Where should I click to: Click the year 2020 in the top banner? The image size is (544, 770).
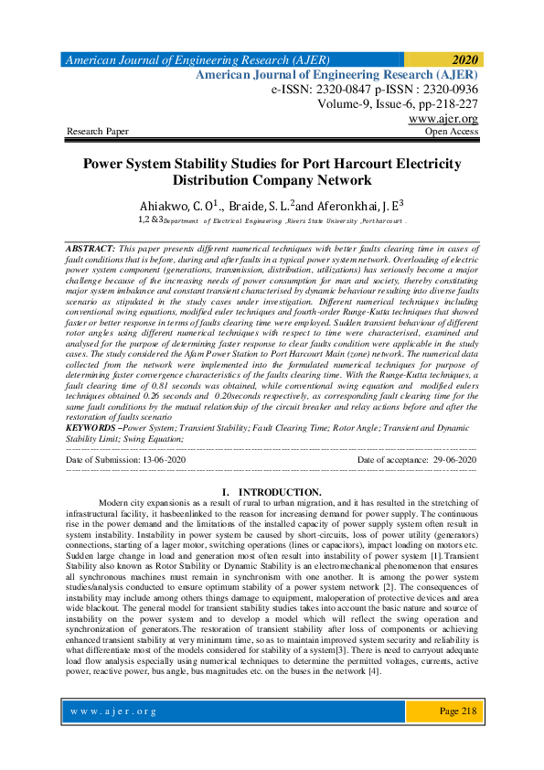coord(464,59)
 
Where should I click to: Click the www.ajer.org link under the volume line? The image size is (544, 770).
coord(443,120)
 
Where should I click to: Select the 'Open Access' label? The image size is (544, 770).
coord(452,133)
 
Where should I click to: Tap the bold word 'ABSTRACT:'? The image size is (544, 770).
coord(91,249)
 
